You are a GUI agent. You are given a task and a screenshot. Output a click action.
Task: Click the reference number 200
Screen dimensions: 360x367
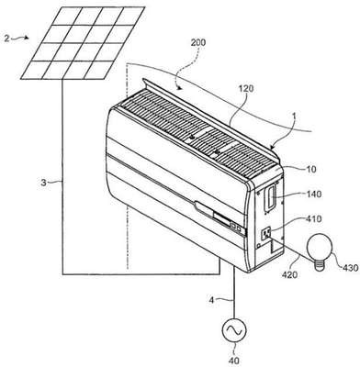[x=198, y=43]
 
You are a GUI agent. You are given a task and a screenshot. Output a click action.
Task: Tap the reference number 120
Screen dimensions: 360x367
[x=246, y=89]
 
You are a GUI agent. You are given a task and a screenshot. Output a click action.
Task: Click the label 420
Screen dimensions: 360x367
[x=289, y=274]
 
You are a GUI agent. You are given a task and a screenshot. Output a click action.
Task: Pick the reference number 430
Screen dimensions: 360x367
[x=349, y=268]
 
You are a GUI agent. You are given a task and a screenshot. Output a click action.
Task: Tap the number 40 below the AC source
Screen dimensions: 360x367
[x=235, y=361]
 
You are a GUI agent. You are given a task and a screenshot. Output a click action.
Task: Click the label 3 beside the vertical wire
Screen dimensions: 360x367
[x=43, y=183]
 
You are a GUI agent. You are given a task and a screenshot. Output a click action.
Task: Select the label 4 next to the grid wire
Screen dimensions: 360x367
[x=211, y=300]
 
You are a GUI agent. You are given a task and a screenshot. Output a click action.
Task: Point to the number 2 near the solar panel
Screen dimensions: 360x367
[x=6, y=39]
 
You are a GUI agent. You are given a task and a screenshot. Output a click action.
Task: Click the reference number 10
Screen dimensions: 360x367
[x=311, y=169]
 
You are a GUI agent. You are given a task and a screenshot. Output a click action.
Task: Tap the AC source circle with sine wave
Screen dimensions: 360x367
[x=234, y=330]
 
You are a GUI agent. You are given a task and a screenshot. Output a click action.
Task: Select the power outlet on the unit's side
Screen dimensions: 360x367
[x=265, y=234]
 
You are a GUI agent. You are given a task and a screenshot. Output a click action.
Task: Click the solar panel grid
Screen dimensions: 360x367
[x=83, y=42]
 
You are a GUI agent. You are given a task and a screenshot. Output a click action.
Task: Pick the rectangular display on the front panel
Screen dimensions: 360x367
[x=223, y=219]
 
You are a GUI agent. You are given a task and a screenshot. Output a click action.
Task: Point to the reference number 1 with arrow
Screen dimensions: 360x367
[x=293, y=117]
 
